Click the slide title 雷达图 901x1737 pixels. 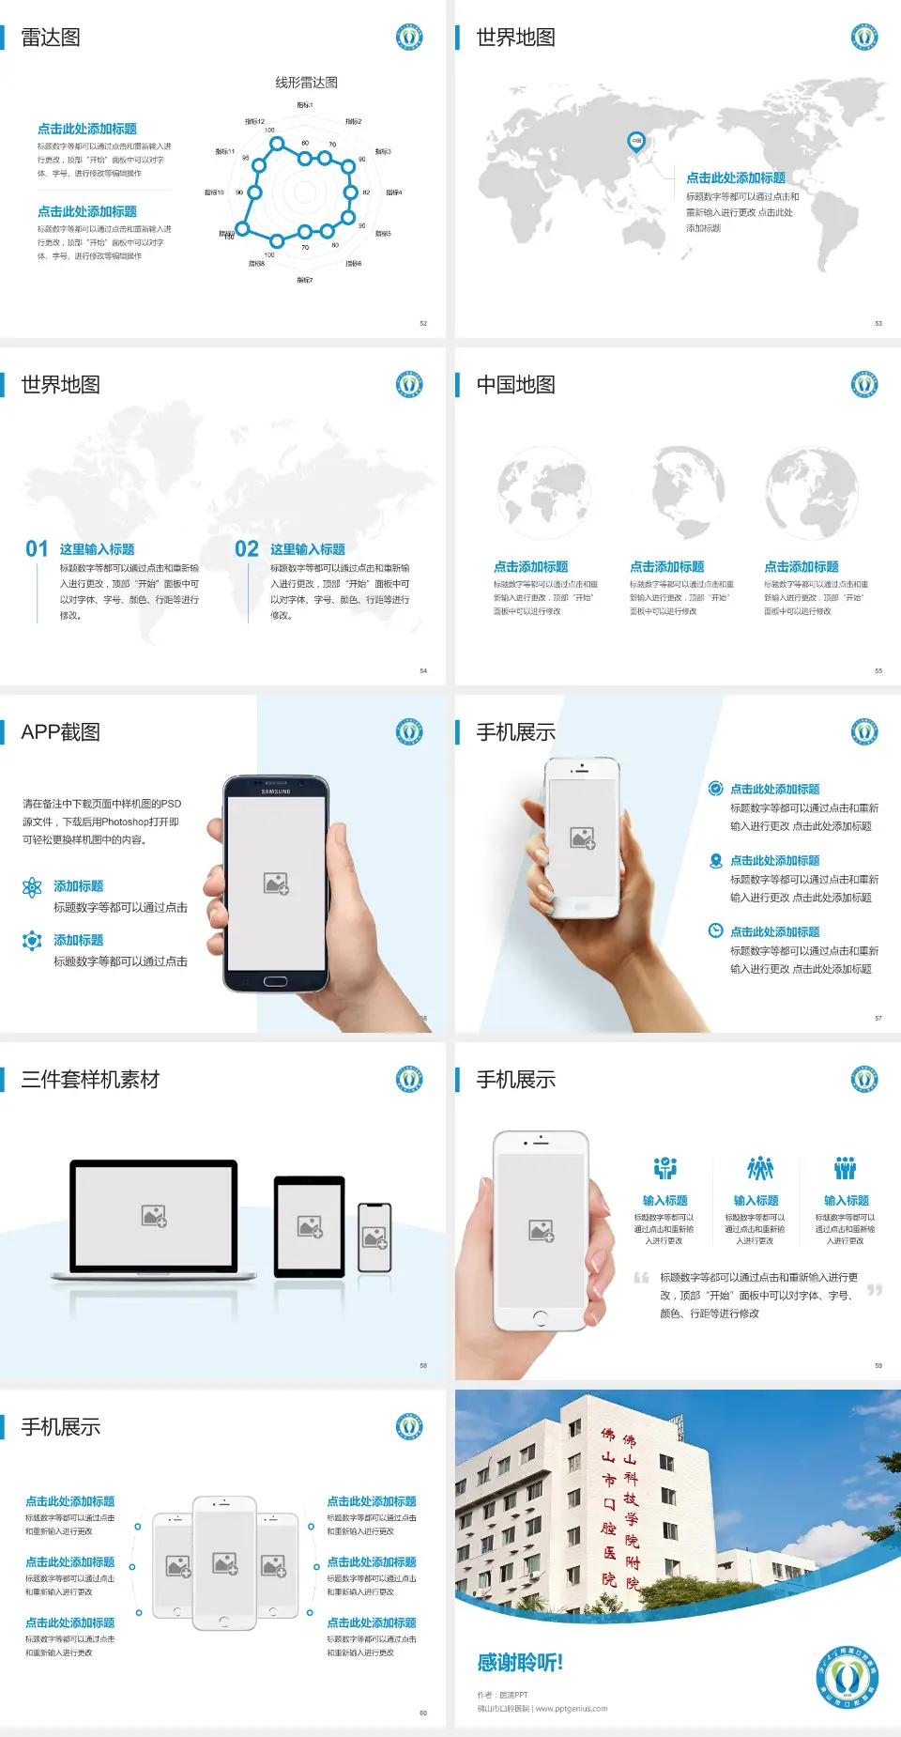51,38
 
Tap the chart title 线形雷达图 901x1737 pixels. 306,83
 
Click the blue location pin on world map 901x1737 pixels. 635,142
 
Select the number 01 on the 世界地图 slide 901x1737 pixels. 37,549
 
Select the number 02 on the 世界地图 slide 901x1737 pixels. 247,549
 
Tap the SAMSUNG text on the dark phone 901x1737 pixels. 276,792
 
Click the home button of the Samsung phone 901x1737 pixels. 275,981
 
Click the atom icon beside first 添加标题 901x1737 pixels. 32,887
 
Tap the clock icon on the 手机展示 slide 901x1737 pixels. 715,931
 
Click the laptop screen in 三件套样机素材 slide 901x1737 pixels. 154,1216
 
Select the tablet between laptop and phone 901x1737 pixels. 310,1225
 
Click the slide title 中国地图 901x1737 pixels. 515,385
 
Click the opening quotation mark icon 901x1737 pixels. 641,1278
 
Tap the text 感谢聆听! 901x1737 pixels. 520,1663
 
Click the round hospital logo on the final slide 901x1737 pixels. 847,1678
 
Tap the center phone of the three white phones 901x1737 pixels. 224,1563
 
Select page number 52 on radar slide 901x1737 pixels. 423,323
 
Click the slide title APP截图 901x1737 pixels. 60,732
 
